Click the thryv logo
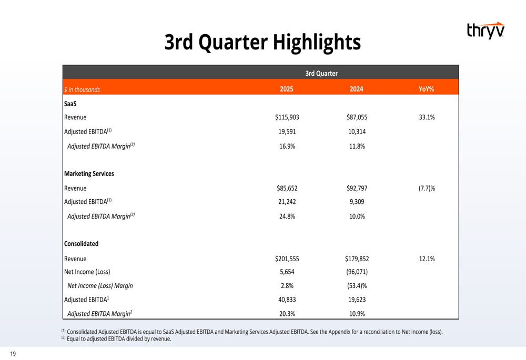click(x=485, y=30)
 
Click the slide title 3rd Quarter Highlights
click(x=262, y=42)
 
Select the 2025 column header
click(x=287, y=89)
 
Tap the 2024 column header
click(x=357, y=89)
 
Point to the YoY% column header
click(x=426, y=89)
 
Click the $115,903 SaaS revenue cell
click(x=287, y=117)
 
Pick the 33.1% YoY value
click(x=427, y=117)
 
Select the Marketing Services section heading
click(x=89, y=173)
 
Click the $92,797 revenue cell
click(x=357, y=188)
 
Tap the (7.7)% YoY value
click(x=427, y=188)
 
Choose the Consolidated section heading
click(x=81, y=244)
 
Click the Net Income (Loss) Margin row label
click(x=100, y=286)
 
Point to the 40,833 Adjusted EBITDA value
click(x=287, y=300)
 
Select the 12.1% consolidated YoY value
click(x=427, y=259)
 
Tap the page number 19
click(x=13, y=354)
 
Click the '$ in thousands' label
click(x=82, y=89)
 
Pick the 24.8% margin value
click(x=287, y=216)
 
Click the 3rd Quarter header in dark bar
click(x=321, y=73)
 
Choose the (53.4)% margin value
click(x=357, y=286)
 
